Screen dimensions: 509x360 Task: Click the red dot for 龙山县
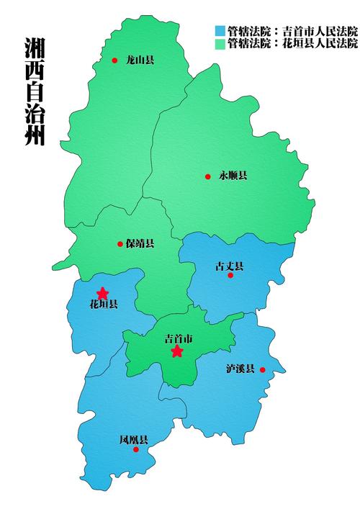(x=114, y=60)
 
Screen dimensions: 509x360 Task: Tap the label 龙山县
(x=140, y=60)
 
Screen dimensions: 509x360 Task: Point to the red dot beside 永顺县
(x=208, y=176)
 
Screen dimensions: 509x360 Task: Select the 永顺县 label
(x=233, y=176)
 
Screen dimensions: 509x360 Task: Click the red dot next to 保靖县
(x=120, y=244)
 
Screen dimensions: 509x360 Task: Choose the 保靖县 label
(x=140, y=244)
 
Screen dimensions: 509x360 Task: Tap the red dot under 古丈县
(x=230, y=275)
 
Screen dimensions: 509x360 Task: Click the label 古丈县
(x=229, y=266)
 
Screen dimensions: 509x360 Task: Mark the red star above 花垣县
(x=102, y=293)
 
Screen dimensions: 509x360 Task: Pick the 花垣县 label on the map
(x=103, y=305)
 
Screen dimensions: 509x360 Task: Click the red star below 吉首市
(x=177, y=351)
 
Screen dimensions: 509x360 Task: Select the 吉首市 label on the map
(x=179, y=338)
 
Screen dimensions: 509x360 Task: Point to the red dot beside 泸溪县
(x=263, y=370)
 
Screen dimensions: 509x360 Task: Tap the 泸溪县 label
(x=240, y=369)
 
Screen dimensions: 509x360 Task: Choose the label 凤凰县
(x=134, y=440)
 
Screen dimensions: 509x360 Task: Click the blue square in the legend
(x=220, y=31)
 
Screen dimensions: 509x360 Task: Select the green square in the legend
(x=220, y=43)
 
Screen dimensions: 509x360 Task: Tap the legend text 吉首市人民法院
(x=318, y=31)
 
